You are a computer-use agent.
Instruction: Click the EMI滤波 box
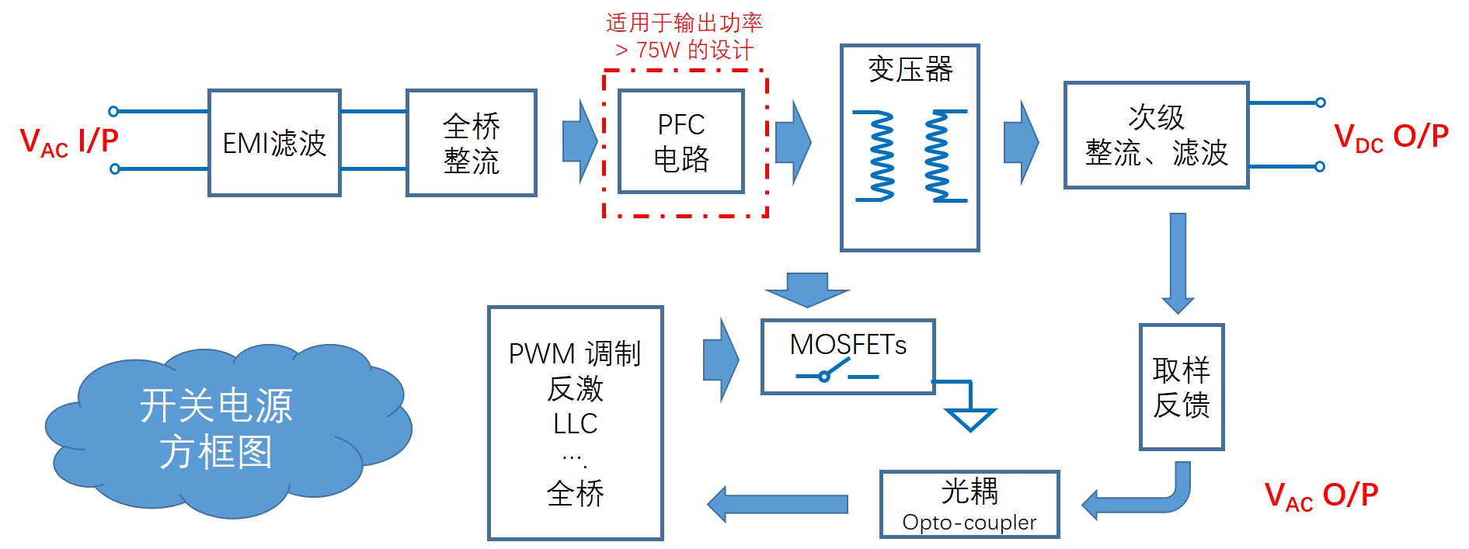tap(274, 143)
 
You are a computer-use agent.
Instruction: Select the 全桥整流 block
tap(471, 143)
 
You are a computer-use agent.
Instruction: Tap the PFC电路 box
tap(681, 141)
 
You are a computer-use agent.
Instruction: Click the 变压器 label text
tap(910, 70)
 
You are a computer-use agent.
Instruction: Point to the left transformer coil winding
tap(880, 155)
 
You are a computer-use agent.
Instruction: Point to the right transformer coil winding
tap(938, 155)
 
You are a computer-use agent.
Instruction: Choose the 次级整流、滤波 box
tap(1156, 135)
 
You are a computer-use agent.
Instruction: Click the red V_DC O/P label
tap(1391, 137)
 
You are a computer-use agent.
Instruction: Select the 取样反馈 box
tap(1181, 387)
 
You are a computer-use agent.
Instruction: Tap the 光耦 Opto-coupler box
tap(969, 504)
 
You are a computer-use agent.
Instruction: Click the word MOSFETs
tap(848, 345)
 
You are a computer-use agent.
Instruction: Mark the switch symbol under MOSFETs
tap(835, 374)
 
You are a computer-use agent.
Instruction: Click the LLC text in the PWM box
tap(575, 424)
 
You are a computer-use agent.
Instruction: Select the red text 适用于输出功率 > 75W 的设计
tap(684, 36)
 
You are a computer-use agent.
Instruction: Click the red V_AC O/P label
tap(1321, 496)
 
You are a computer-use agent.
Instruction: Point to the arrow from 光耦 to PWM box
tap(777, 505)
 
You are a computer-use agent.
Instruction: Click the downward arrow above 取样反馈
tap(1178, 262)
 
